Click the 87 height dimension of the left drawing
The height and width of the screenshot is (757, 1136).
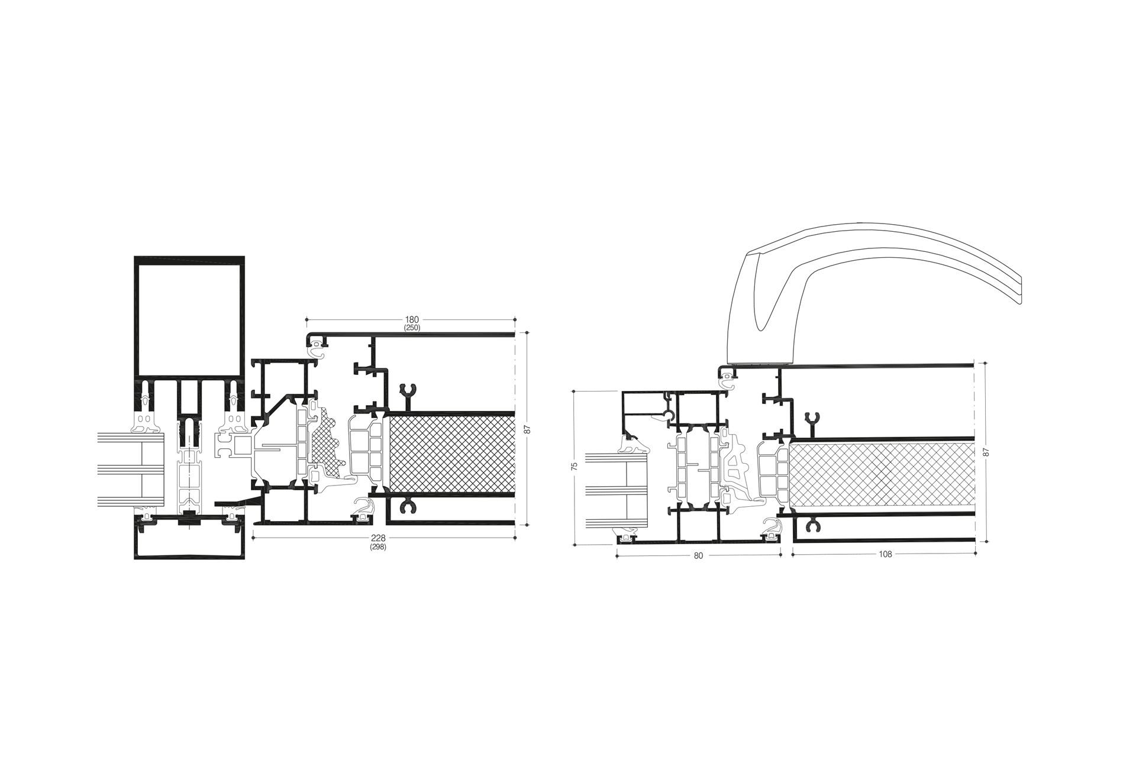[x=527, y=429]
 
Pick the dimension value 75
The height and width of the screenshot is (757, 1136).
[x=574, y=467]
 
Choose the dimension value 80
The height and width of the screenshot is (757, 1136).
[x=698, y=555]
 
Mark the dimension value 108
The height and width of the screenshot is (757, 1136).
[x=885, y=554]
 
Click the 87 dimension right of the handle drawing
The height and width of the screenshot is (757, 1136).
[x=986, y=451]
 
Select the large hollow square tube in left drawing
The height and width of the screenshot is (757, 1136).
[x=189, y=319]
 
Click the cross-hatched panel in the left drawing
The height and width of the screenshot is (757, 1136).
[x=453, y=452]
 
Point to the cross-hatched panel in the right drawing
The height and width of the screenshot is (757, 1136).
[x=882, y=476]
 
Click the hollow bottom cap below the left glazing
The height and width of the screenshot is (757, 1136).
[x=189, y=540]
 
